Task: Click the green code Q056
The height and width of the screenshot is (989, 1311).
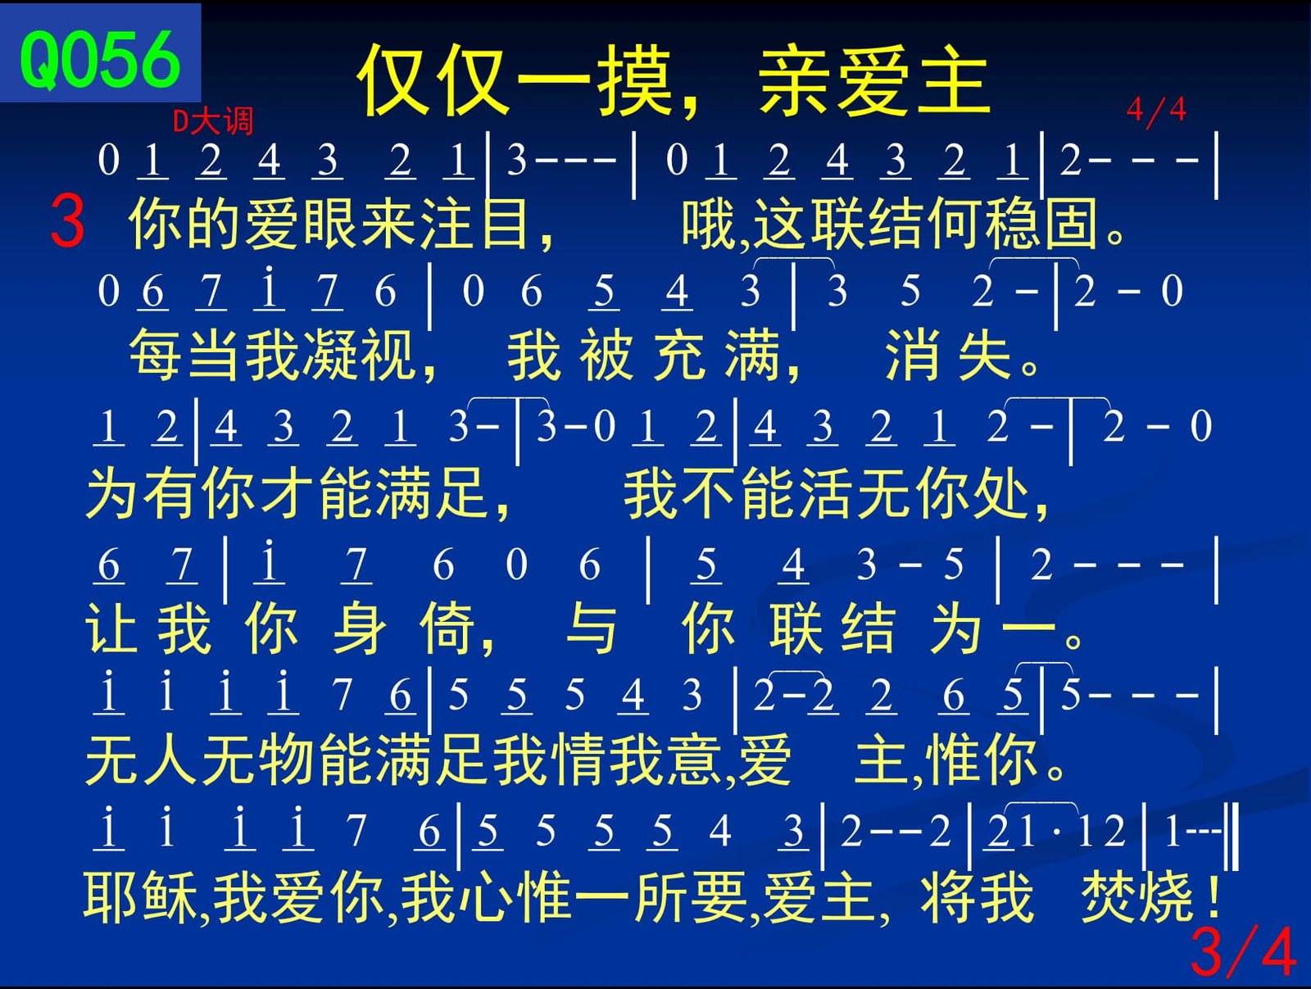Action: tap(100, 60)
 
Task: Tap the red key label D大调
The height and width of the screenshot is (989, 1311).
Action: tap(213, 121)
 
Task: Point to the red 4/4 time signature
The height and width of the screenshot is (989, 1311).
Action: tap(1156, 111)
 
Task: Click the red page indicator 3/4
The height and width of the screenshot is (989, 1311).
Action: tap(1243, 951)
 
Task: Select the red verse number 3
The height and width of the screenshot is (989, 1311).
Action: tap(67, 221)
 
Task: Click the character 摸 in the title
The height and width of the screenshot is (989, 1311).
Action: tap(635, 80)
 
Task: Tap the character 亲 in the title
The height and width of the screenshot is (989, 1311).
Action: tap(796, 80)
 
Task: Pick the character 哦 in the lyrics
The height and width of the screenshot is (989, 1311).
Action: tap(709, 224)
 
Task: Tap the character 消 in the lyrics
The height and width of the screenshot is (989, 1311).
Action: tap(911, 355)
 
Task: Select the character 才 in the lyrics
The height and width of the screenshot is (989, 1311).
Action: tap(288, 492)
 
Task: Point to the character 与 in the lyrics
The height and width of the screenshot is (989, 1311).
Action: tap(591, 628)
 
